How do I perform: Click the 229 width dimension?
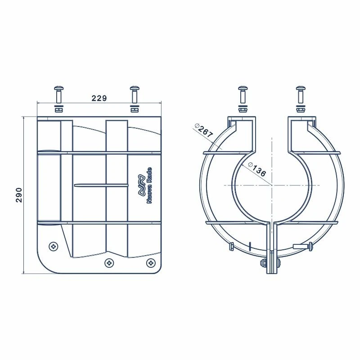pos(99,98)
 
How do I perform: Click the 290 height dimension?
pos(19,195)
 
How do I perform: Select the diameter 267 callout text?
pos(204,131)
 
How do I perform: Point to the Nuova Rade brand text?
pos(149,185)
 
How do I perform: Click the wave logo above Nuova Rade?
pos(141,185)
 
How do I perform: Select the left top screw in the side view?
pos(59,94)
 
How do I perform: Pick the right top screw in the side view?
pos(135,94)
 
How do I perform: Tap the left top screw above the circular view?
pos(243,94)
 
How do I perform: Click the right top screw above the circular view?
pos(301,94)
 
